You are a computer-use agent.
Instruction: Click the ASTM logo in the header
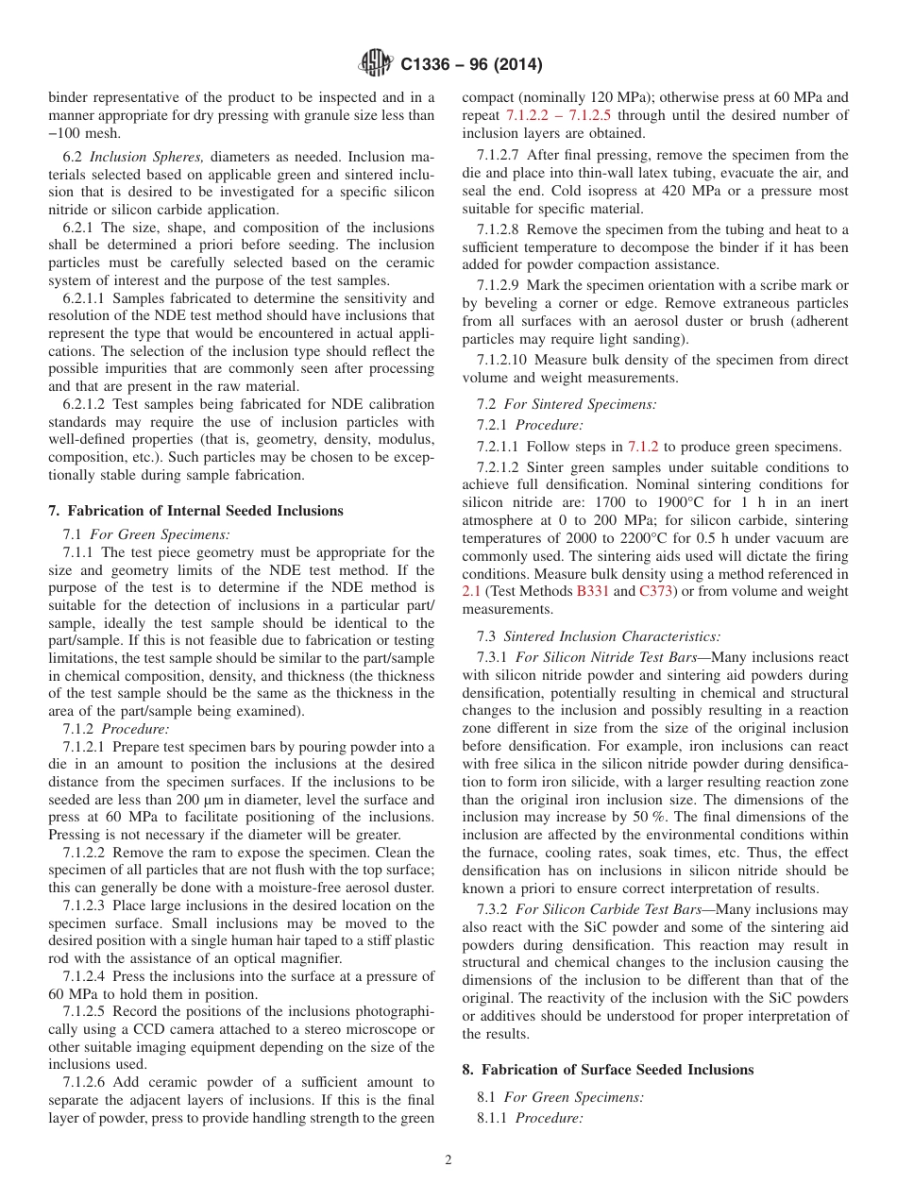pyautogui.click(x=376, y=64)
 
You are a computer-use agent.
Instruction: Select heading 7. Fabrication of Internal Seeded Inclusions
pyautogui.click(x=195, y=511)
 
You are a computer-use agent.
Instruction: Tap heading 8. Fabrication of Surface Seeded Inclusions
pyautogui.click(x=608, y=1070)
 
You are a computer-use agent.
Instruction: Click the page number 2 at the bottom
pyautogui.click(x=448, y=1160)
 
